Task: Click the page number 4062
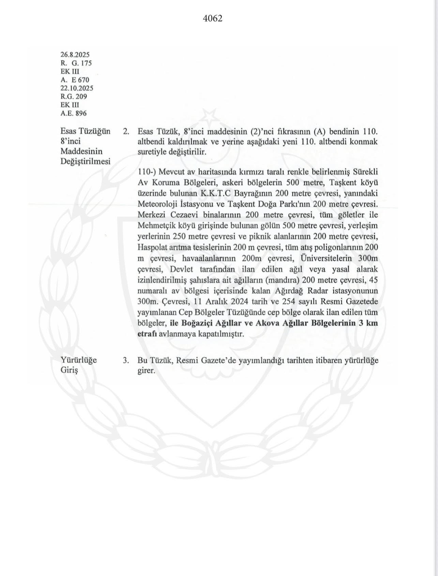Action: click(x=213, y=18)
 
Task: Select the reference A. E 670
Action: click(x=75, y=80)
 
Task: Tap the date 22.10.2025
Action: click(x=77, y=88)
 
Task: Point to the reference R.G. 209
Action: click(x=74, y=97)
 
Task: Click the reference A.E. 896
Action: click(x=73, y=114)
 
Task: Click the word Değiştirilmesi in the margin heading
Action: click(x=85, y=161)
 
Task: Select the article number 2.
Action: click(x=126, y=132)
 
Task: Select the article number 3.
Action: click(x=126, y=361)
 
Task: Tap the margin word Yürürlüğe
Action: click(x=78, y=360)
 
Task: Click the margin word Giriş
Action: click(x=69, y=371)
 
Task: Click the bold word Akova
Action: click(x=270, y=323)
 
